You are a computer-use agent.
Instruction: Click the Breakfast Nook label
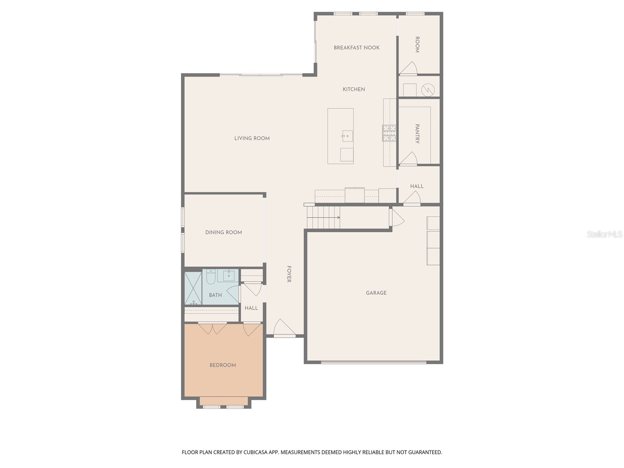(356, 48)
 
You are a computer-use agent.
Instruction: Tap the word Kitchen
(354, 89)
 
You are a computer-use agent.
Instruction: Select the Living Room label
(252, 138)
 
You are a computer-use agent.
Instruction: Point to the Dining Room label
(223, 232)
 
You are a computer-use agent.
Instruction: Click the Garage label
(376, 292)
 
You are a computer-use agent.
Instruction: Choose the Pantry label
(417, 134)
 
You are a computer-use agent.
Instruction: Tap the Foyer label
(289, 274)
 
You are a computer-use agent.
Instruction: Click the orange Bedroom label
(223, 365)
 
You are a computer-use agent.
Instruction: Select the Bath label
(215, 295)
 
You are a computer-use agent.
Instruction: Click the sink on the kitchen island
(347, 136)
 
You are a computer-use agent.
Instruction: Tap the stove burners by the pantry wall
(389, 133)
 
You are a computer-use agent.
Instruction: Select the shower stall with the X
(193, 288)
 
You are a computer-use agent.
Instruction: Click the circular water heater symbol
(428, 90)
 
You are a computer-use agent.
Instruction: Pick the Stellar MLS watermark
(604, 234)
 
